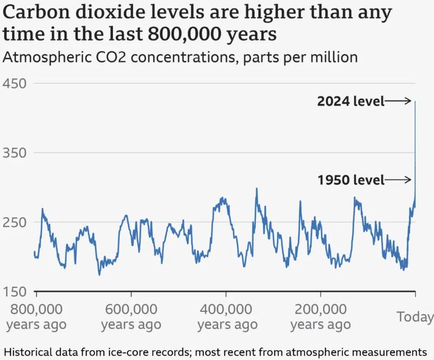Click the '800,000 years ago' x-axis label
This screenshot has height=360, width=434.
pyautogui.click(x=37, y=316)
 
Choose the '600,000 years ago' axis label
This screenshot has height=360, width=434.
pyautogui.click(x=131, y=316)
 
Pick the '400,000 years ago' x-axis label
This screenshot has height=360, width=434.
pyautogui.click(x=226, y=316)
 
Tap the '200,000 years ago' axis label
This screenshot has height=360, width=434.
pyautogui.click(x=320, y=316)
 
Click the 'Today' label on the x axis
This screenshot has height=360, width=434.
pyautogui.click(x=415, y=317)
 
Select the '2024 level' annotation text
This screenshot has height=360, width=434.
pyautogui.click(x=350, y=101)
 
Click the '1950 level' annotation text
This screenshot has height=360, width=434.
pyautogui.click(x=351, y=180)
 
